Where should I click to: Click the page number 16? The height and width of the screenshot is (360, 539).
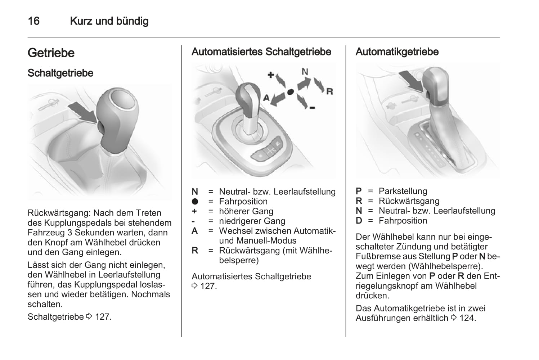33,21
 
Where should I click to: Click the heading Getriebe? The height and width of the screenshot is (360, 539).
51,53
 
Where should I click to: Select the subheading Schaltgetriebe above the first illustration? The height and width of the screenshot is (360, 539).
60,73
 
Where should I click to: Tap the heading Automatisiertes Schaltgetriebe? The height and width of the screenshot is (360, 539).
261,52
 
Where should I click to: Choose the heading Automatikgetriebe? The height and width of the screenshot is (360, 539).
397,52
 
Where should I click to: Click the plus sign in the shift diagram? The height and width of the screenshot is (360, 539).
271,75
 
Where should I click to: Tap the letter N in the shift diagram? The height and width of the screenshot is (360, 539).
305,71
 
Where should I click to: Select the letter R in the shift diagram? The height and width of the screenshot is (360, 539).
329,91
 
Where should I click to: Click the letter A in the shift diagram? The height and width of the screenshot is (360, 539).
266,98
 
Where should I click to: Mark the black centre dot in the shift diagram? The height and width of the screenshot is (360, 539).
290,92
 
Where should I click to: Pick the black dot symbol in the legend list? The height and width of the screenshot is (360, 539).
195,202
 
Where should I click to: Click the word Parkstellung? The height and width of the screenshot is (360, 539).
403,191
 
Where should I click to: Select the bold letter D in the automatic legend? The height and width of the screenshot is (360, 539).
359,221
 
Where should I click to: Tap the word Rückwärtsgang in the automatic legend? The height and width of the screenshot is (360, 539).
409,201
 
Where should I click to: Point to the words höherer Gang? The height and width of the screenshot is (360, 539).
246,211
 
